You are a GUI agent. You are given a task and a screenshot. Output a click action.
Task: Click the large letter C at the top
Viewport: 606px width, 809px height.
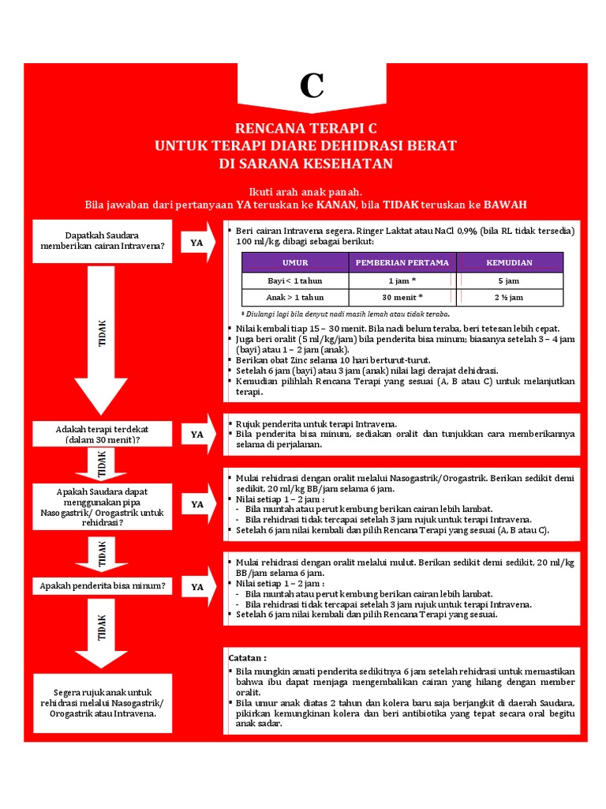(312, 85)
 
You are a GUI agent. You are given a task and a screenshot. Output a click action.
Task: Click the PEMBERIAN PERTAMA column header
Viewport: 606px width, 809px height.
(402, 262)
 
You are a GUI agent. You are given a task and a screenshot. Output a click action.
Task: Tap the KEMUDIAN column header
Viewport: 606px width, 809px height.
(510, 262)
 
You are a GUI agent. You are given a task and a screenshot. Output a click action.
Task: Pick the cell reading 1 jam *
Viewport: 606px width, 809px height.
(402, 280)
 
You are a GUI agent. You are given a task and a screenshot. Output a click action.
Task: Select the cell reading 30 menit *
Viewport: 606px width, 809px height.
(402, 298)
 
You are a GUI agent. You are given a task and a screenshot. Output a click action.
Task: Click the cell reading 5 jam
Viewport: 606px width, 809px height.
(510, 280)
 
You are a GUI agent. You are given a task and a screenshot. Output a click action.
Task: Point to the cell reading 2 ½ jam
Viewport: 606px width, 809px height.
(510, 298)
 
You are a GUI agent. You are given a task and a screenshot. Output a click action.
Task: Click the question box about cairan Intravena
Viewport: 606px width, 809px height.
(103, 240)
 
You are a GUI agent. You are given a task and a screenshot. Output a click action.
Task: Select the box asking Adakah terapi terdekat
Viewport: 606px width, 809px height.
(103, 434)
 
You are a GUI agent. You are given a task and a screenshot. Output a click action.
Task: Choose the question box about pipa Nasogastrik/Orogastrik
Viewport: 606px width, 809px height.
(103, 506)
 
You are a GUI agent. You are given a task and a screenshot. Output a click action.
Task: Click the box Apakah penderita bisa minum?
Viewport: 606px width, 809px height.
(103, 586)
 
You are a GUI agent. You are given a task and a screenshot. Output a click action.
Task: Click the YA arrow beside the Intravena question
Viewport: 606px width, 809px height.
(197, 243)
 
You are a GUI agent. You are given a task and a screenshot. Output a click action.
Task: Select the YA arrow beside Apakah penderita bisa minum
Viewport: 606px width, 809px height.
(197, 587)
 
